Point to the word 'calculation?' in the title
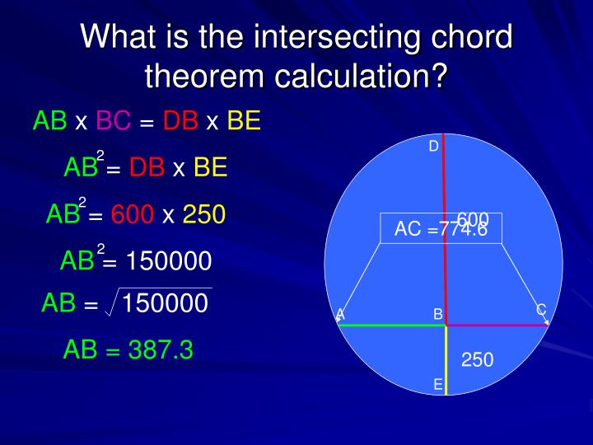pos(362,77)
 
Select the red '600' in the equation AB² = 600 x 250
pos(133,215)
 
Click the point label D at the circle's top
pos(433,146)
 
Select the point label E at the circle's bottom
pos(437,384)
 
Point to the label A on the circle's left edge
pos(340,314)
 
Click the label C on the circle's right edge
pos(541,310)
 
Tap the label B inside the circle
pos(438,314)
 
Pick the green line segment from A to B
pos(391,326)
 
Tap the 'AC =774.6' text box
pos(441,229)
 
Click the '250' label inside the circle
pos(477,359)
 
